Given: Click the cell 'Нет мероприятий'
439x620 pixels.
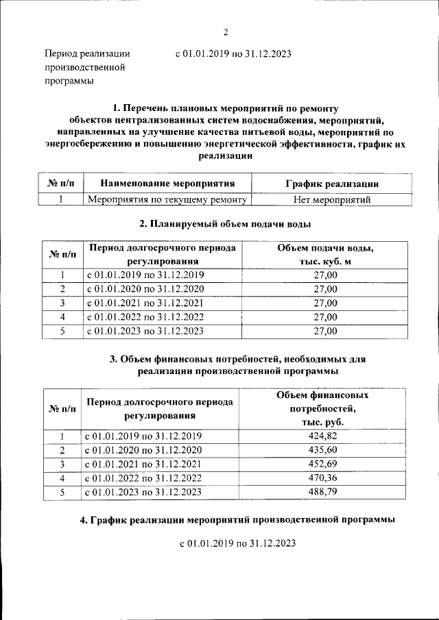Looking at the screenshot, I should pos(331,200).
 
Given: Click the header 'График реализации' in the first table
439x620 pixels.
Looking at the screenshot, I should pos(331,184).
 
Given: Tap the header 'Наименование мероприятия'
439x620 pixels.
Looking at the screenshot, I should pos(167,184).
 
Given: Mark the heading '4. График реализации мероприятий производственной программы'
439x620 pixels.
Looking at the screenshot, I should pos(237,521).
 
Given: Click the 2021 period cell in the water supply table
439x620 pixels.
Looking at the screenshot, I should pos(145,303).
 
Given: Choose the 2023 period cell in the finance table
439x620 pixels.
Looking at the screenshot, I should pos(145,492).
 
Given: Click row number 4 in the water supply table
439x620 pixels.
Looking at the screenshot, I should pos(62,317).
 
